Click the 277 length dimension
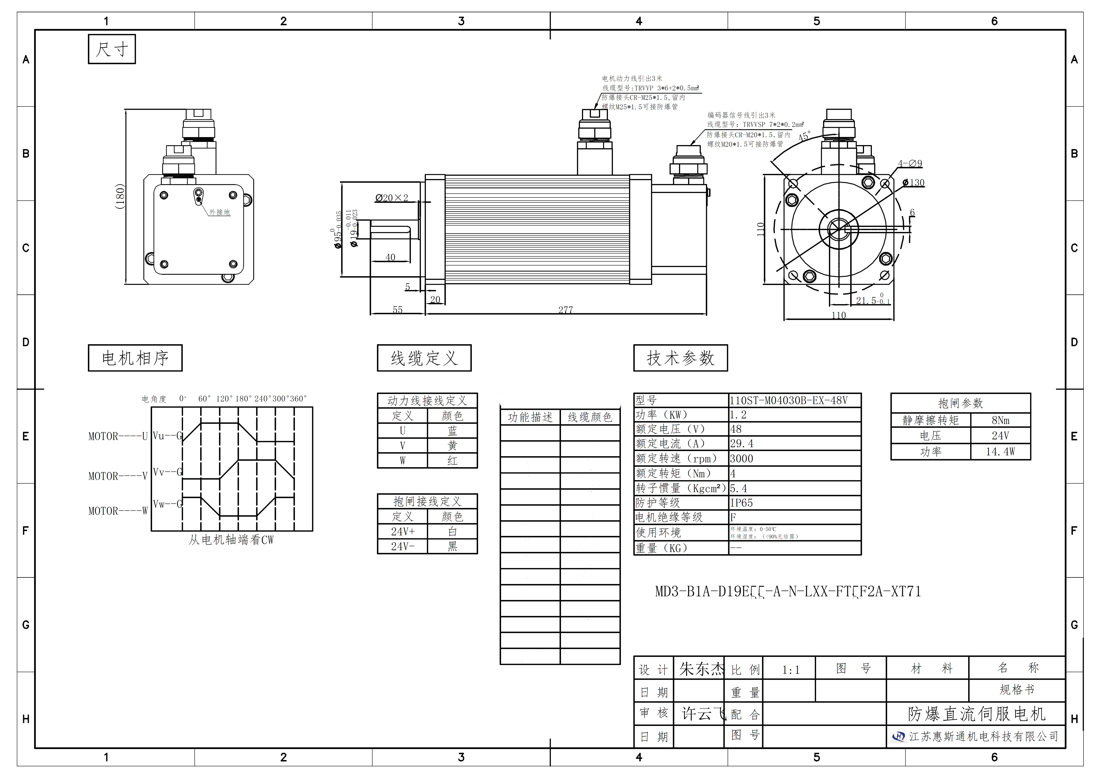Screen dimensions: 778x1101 coord(565,310)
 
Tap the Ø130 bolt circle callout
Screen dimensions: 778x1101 coord(913,183)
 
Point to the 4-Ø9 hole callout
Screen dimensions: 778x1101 coord(910,163)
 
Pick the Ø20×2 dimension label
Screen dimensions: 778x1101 coord(392,198)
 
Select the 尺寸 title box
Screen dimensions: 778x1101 coord(112,49)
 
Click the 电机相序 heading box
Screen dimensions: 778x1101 coord(135,358)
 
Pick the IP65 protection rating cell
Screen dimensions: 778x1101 coord(741,503)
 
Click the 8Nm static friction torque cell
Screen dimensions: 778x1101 coord(1000,420)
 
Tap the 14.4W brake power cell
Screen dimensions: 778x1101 coord(1000,452)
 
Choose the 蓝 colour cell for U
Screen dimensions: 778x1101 coord(452,431)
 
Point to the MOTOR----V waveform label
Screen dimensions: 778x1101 coord(117,476)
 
